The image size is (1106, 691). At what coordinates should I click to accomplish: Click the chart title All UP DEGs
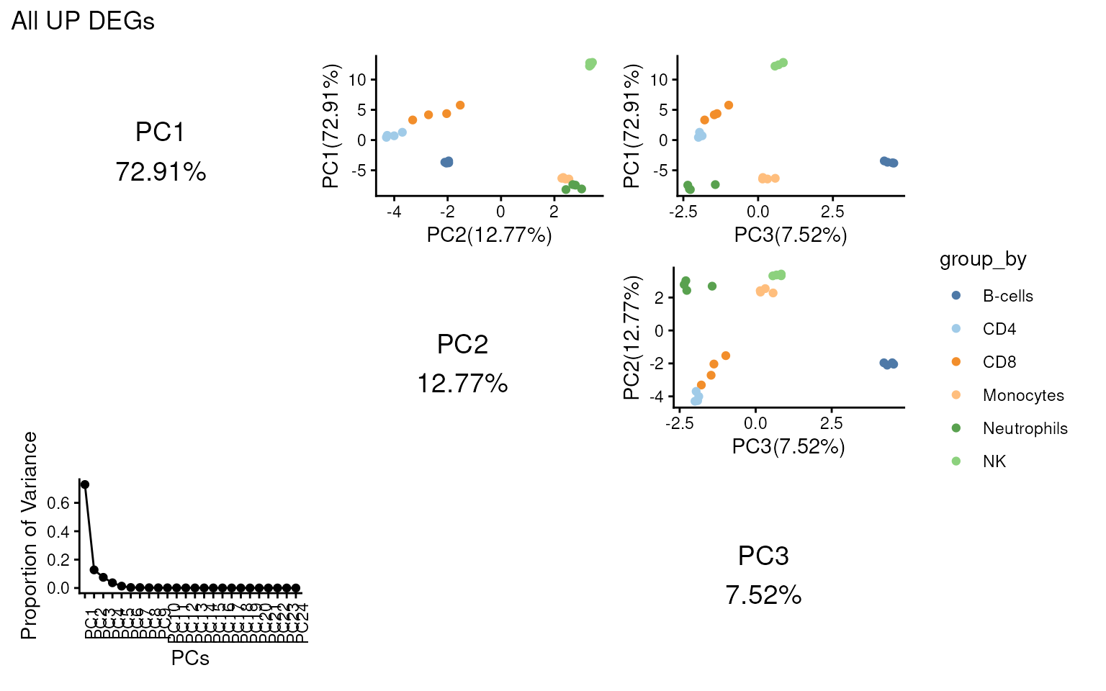(83, 22)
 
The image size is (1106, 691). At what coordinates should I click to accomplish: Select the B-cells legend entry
(1007, 296)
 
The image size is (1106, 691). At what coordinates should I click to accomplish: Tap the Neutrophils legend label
(1025, 428)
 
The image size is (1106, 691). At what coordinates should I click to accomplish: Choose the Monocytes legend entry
(1022, 395)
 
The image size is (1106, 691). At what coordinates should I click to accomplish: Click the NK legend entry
(994, 461)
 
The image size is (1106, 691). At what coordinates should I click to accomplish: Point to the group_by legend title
(982, 259)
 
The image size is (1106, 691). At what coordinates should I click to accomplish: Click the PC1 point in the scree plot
(85, 484)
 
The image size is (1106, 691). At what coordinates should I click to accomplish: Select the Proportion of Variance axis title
(29, 536)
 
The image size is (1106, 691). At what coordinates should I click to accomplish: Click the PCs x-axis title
(190, 658)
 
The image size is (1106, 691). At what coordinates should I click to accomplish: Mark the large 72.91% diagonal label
(161, 172)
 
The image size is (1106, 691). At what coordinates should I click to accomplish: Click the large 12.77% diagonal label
(462, 384)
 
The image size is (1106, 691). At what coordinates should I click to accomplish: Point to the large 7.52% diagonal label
(763, 595)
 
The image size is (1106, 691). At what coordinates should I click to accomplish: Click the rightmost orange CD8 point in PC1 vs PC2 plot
(460, 106)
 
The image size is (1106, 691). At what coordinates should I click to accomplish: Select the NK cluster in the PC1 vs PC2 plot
(591, 64)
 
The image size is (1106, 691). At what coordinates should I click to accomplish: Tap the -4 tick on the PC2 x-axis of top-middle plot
(394, 212)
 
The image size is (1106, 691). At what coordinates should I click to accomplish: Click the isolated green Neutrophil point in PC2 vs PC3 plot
(712, 286)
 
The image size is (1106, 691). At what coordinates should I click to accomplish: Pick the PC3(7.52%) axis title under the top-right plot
(790, 235)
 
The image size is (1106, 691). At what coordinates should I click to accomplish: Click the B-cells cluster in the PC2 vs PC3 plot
(889, 363)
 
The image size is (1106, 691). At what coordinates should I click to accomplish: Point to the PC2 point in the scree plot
(94, 570)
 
